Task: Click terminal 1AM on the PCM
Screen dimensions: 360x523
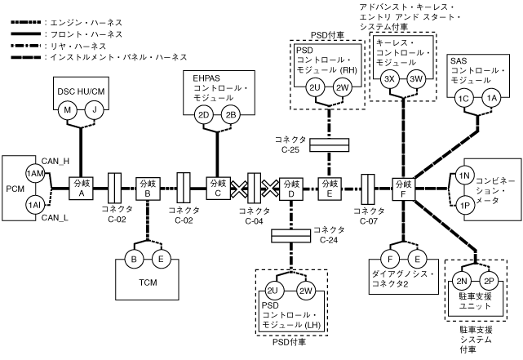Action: pos(34,173)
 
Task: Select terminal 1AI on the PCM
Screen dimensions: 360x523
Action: pos(34,203)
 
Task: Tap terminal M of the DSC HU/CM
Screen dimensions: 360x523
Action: pos(70,109)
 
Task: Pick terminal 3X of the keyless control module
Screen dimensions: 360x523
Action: pos(389,78)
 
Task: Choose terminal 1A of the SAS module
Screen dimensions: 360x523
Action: pos(491,98)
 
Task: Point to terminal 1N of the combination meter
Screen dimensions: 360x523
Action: pos(462,176)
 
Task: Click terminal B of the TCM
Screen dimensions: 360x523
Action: pos(135,261)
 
